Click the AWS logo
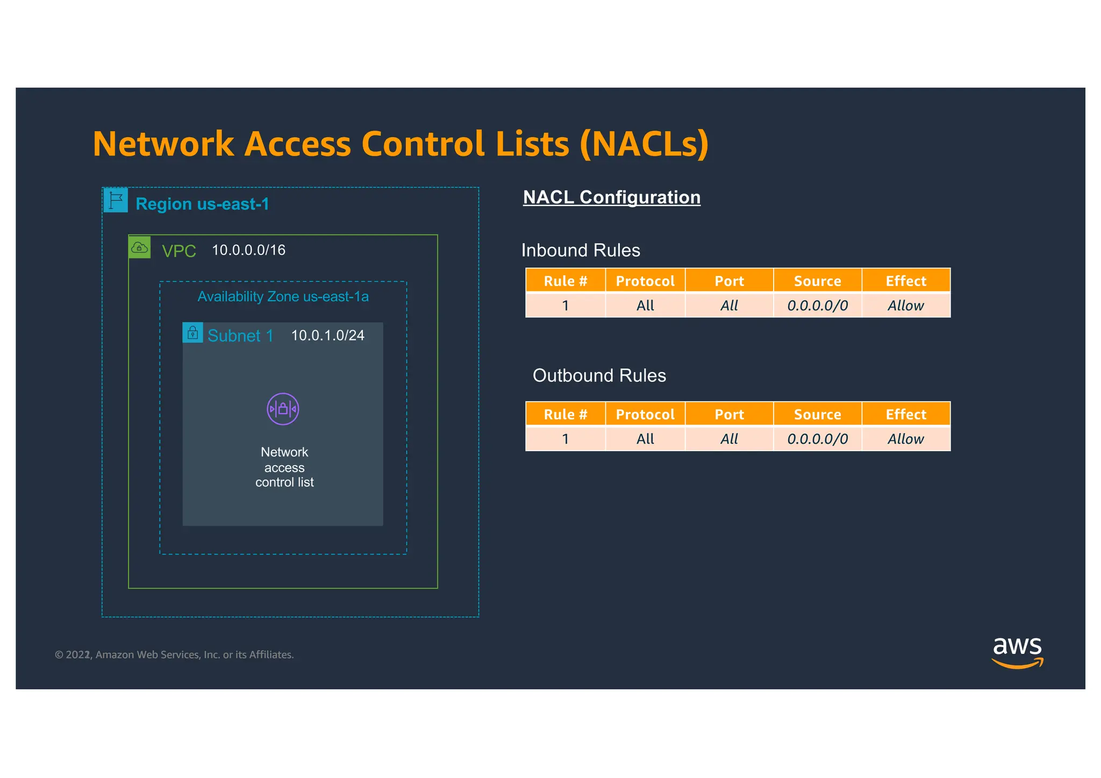pyautogui.click(x=1017, y=652)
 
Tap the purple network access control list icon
pyautogui.click(x=283, y=409)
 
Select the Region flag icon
pyautogui.click(x=116, y=200)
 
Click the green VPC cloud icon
pyautogui.click(x=140, y=247)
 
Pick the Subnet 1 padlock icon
pyautogui.click(x=192, y=333)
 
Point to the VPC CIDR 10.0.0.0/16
pyautogui.click(x=248, y=250)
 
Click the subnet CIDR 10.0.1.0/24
pyautogui.click(x=327, y=336)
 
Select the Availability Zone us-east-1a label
pyautogui.click(x=283, y=297)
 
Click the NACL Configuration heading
pyautogui.click(x=611, y=197)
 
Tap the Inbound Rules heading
pyautogui.click(x=581, y=251)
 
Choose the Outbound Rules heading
pyautogui.click(x=599, y=375)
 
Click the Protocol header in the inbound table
pyautogui.click(x=645, y=281)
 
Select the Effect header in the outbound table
pyautogui.click(x=906, y=414)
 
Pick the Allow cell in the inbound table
pyautogui.click(x=906, y=305)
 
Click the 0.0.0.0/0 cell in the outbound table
pyautogui.click(x=817, y=439)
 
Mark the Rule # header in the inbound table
pyautogui.click(x=565, y=281)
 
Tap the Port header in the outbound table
pyautogui.click(x=729, y=414)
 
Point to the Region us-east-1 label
pyautogui.click(x=202, y=204)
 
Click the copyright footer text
pyautogui.click(x=174, y=654)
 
